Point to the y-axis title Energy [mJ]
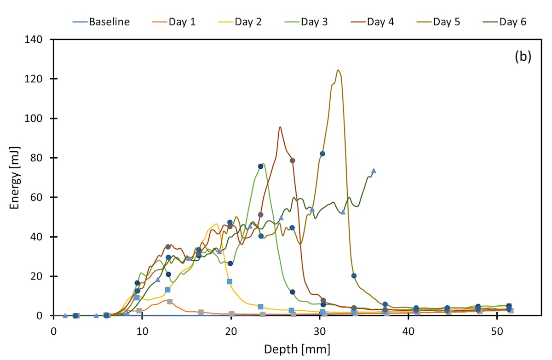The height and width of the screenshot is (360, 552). click(15, 177)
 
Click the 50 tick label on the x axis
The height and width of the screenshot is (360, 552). click(497, 331)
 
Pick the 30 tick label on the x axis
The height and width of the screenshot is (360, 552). click(320, 331)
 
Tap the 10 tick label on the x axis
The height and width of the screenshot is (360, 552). click(142, 331)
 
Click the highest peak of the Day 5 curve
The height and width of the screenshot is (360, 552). click(338, 70)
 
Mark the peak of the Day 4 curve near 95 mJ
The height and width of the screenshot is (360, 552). click(280, 127)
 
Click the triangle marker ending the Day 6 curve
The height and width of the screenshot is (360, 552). click(374, 171)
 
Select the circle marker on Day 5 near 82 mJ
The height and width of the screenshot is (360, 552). click(322, 154)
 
